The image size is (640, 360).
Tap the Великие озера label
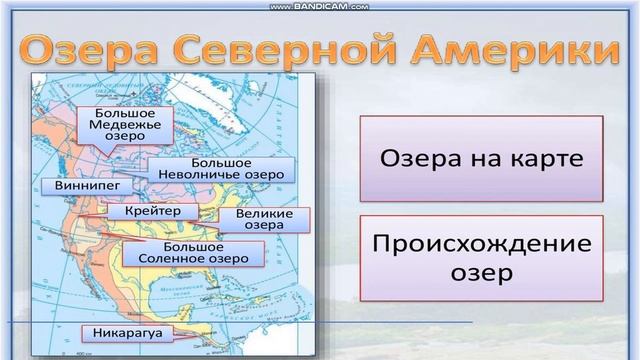pos(264,220)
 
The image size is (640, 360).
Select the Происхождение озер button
pos(481,257)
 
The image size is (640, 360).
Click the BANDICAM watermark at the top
pos(319,5)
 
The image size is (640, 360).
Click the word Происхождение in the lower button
pos(481,243)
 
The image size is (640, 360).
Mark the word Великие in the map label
pos(264,214)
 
